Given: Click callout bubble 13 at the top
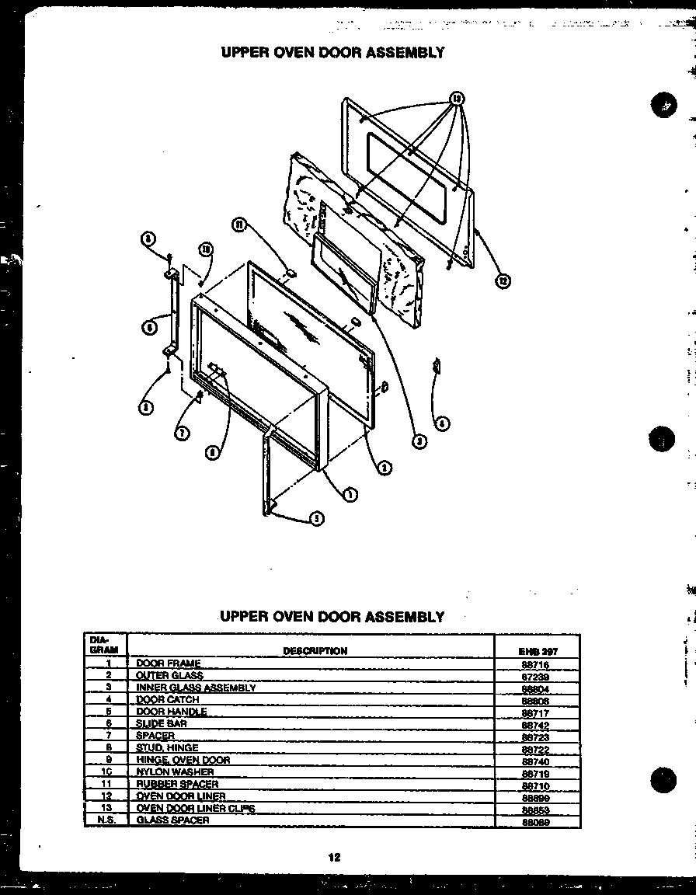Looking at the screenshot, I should tap(457, 99).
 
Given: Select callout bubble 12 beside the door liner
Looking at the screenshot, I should tap(503, 281).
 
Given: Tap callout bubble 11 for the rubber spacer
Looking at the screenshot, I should tap(239, 225).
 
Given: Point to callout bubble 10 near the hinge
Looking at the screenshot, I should tap(205, 249).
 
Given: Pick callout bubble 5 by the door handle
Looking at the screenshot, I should tap(317, 519).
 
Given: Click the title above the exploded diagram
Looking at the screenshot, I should tap(332, 52).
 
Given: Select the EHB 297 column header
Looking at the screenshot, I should tap(537, 652).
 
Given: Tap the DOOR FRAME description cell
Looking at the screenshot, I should tap(169, 663).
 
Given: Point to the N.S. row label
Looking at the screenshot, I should tap(106, 820).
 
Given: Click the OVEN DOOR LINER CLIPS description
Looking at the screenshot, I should tap(195, 809).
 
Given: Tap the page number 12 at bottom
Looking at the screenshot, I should tap(333, 858).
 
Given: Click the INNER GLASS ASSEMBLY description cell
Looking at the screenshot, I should tap(196, 688).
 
